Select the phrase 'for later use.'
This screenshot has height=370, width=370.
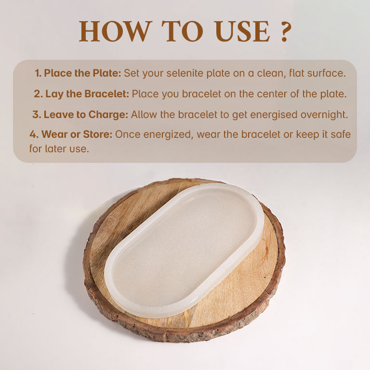pyautogui.click(x=59, y=149)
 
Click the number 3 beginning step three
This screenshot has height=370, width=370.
pyautogui.click(x=36, y=115)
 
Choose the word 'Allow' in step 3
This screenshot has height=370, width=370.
pyautogui.click(x=144, y=115)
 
